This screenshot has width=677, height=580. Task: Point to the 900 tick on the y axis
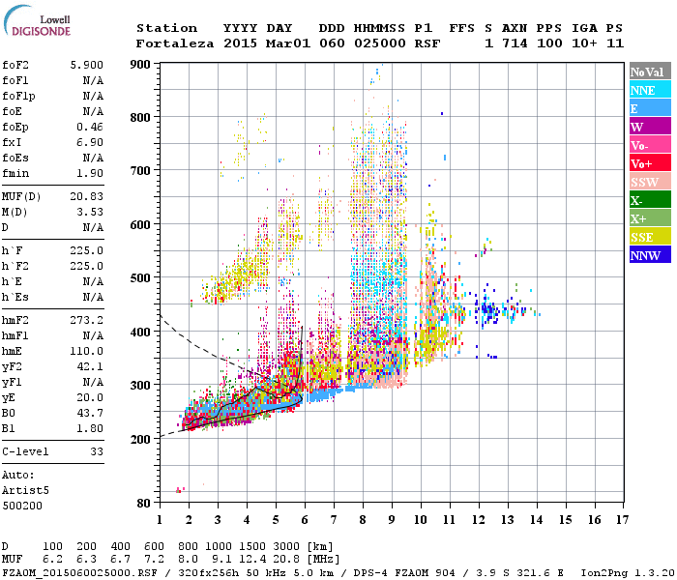coord(142,64)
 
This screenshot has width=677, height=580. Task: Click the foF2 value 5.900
coord(87,65)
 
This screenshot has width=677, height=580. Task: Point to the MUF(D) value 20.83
coord(87,195)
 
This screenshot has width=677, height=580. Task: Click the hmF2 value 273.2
coord(87,319)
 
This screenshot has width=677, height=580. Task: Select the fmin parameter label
coord(15,173)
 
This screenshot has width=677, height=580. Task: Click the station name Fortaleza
coord(174,43)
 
